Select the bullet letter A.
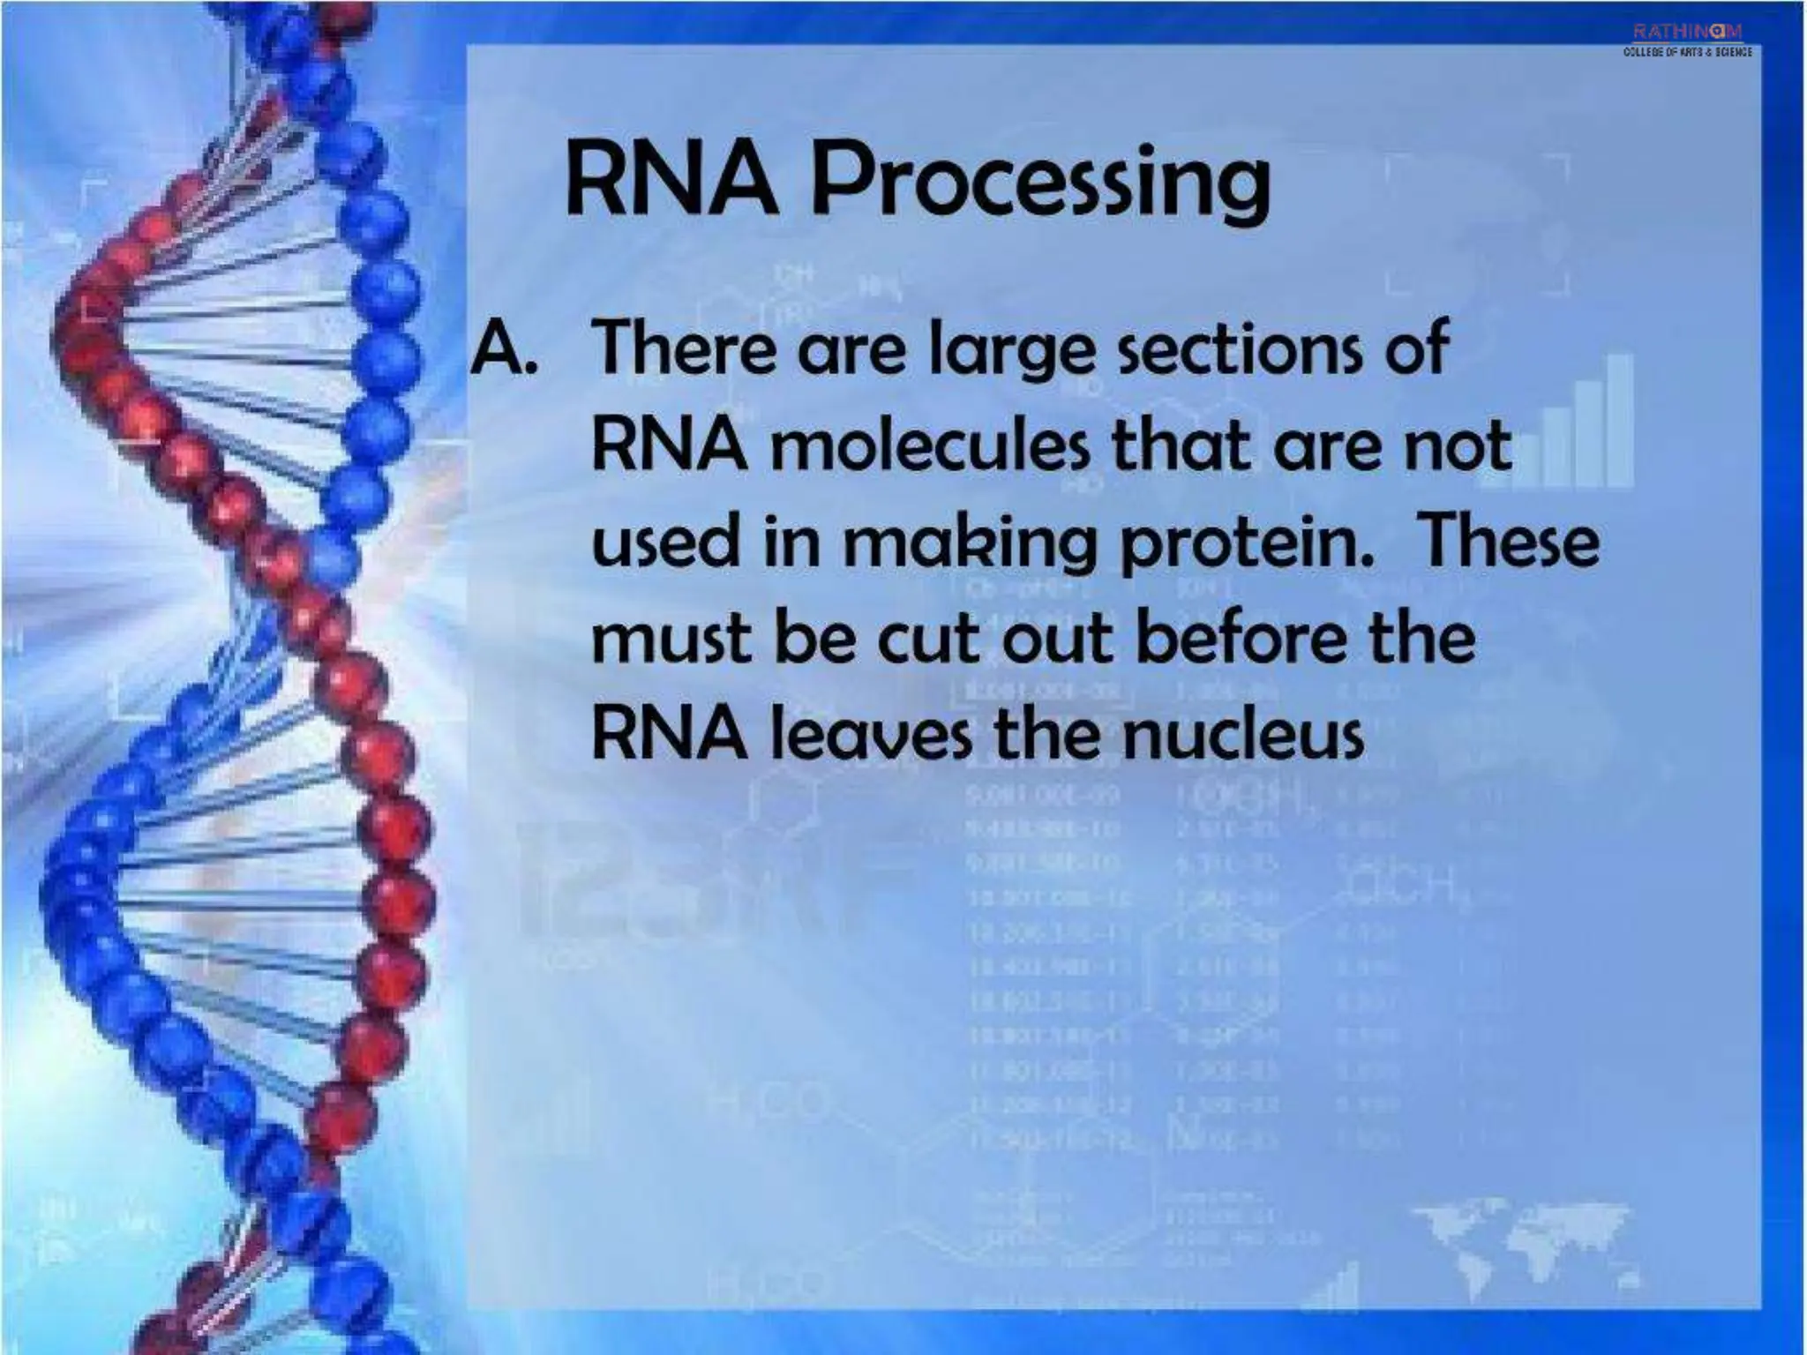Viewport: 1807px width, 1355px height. [503, 348]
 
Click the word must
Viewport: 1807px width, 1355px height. [671, 639]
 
